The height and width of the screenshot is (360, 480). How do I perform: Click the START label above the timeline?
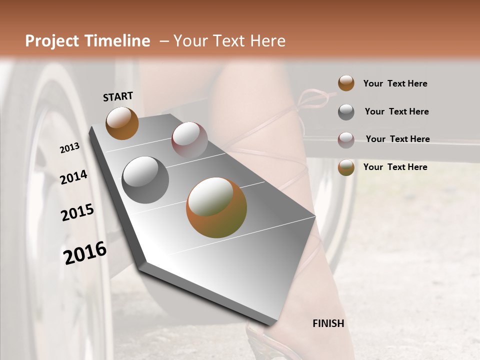coord(118,96)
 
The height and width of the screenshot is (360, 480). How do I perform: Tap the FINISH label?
coord(328,323)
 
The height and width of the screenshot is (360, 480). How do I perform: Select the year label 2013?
coord(69,148)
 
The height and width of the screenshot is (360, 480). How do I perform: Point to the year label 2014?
coord(73,177)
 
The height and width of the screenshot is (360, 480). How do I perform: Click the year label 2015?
coord(77,212)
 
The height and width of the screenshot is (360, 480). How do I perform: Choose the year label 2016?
coord(85,253)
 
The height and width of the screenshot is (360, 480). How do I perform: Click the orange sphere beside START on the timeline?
coord(122,123)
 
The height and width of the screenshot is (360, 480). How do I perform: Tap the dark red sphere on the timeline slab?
coord(189,140)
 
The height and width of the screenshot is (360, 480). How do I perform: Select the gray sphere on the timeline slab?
coord(145,179)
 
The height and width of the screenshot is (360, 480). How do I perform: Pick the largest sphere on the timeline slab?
coord(216,207)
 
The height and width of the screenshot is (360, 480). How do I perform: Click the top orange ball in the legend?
coord(346,83)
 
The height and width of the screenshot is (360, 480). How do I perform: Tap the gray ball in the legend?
coord(346,112)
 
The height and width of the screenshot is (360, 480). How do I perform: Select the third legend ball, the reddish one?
coord(346,139)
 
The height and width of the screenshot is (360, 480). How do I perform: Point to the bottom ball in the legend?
coord(346,167)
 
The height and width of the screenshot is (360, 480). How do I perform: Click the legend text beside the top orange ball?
coord(395,83)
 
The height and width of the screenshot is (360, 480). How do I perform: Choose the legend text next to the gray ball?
coord(396,111)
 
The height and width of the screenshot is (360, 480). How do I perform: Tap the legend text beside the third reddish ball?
coord(397,139)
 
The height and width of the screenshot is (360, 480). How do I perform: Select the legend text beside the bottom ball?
coord(395,167)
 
